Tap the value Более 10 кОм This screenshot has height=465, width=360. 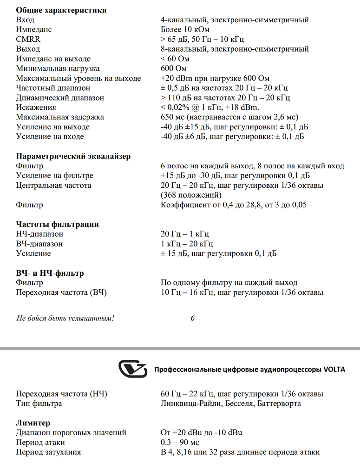point(185,29)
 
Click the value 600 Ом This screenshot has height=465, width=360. point(175,68)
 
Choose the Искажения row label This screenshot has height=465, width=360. point(36,107)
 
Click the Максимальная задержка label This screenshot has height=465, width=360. point(60,117)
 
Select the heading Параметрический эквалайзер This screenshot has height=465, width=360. point(73,156)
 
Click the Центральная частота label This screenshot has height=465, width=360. point(53,186)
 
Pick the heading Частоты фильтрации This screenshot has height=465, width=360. point(57,224)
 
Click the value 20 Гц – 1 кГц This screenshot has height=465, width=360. point(185,234)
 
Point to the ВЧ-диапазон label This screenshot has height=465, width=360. point(39,244)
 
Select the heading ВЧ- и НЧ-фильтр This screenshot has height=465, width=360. point(50,273)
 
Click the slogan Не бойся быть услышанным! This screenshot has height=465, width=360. point(65,319)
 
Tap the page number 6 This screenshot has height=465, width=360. point(192,319)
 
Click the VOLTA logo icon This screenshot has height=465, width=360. point(132,369)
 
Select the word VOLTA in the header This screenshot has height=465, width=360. point(333,370)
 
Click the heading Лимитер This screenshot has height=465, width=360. point(33,423)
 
